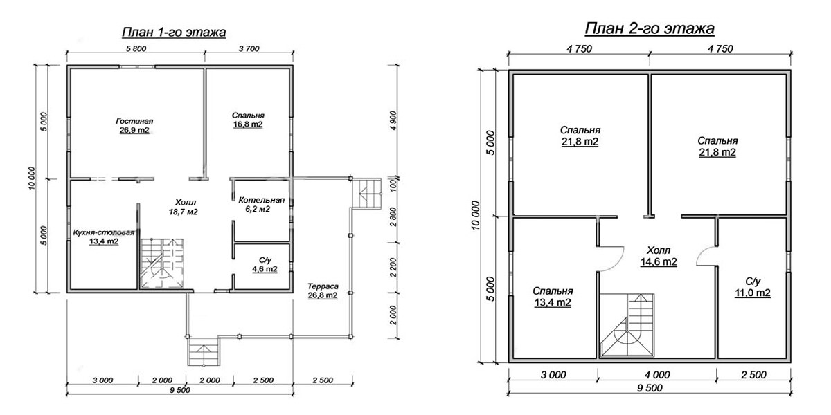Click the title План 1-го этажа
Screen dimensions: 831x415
174,32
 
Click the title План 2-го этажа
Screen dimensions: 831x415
650,28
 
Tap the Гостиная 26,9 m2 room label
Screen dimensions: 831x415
134,126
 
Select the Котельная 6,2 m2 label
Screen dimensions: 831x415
262,205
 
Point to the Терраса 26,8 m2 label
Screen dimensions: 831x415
323,291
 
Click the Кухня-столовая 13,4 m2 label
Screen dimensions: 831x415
103,237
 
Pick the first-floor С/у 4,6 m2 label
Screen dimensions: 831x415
265,264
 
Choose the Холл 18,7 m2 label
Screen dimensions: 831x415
184,207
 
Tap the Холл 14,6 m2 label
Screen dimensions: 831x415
659,256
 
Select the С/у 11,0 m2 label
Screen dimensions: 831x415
753,287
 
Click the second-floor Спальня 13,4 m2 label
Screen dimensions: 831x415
553,297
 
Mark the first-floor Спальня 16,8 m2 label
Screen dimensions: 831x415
248,120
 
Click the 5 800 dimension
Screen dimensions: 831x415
136,48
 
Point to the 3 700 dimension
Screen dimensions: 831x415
249,48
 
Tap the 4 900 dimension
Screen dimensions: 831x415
393,120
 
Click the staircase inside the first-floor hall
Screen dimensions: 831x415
162,263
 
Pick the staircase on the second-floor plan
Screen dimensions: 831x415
627,325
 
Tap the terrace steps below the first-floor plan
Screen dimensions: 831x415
204,351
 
